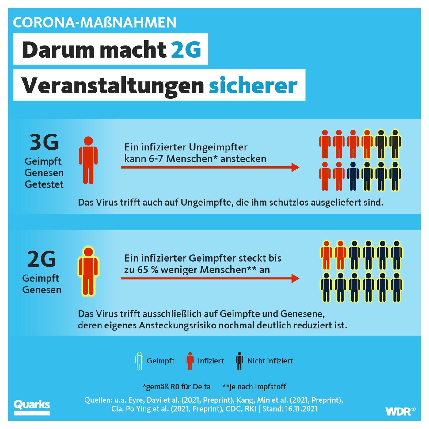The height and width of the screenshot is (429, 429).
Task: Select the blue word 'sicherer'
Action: click(253, 85)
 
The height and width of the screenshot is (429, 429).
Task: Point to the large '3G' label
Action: click(44, 142)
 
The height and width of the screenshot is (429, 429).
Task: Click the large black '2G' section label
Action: click(42, 259)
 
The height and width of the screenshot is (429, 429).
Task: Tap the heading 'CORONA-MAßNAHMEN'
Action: click(95, 22)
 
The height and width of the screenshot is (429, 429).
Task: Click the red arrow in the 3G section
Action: click(210, 167)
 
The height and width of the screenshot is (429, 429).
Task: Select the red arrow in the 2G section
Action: click(210, 278)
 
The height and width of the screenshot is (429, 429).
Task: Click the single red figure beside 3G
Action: click(88, 160)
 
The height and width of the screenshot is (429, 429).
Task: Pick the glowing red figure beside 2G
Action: click(88, 271)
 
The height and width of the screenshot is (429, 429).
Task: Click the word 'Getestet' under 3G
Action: click(44, 184)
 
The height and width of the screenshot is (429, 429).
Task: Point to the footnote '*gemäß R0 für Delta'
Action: click(177, 387)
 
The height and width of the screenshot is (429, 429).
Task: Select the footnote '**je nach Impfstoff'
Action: click(254, 387)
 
